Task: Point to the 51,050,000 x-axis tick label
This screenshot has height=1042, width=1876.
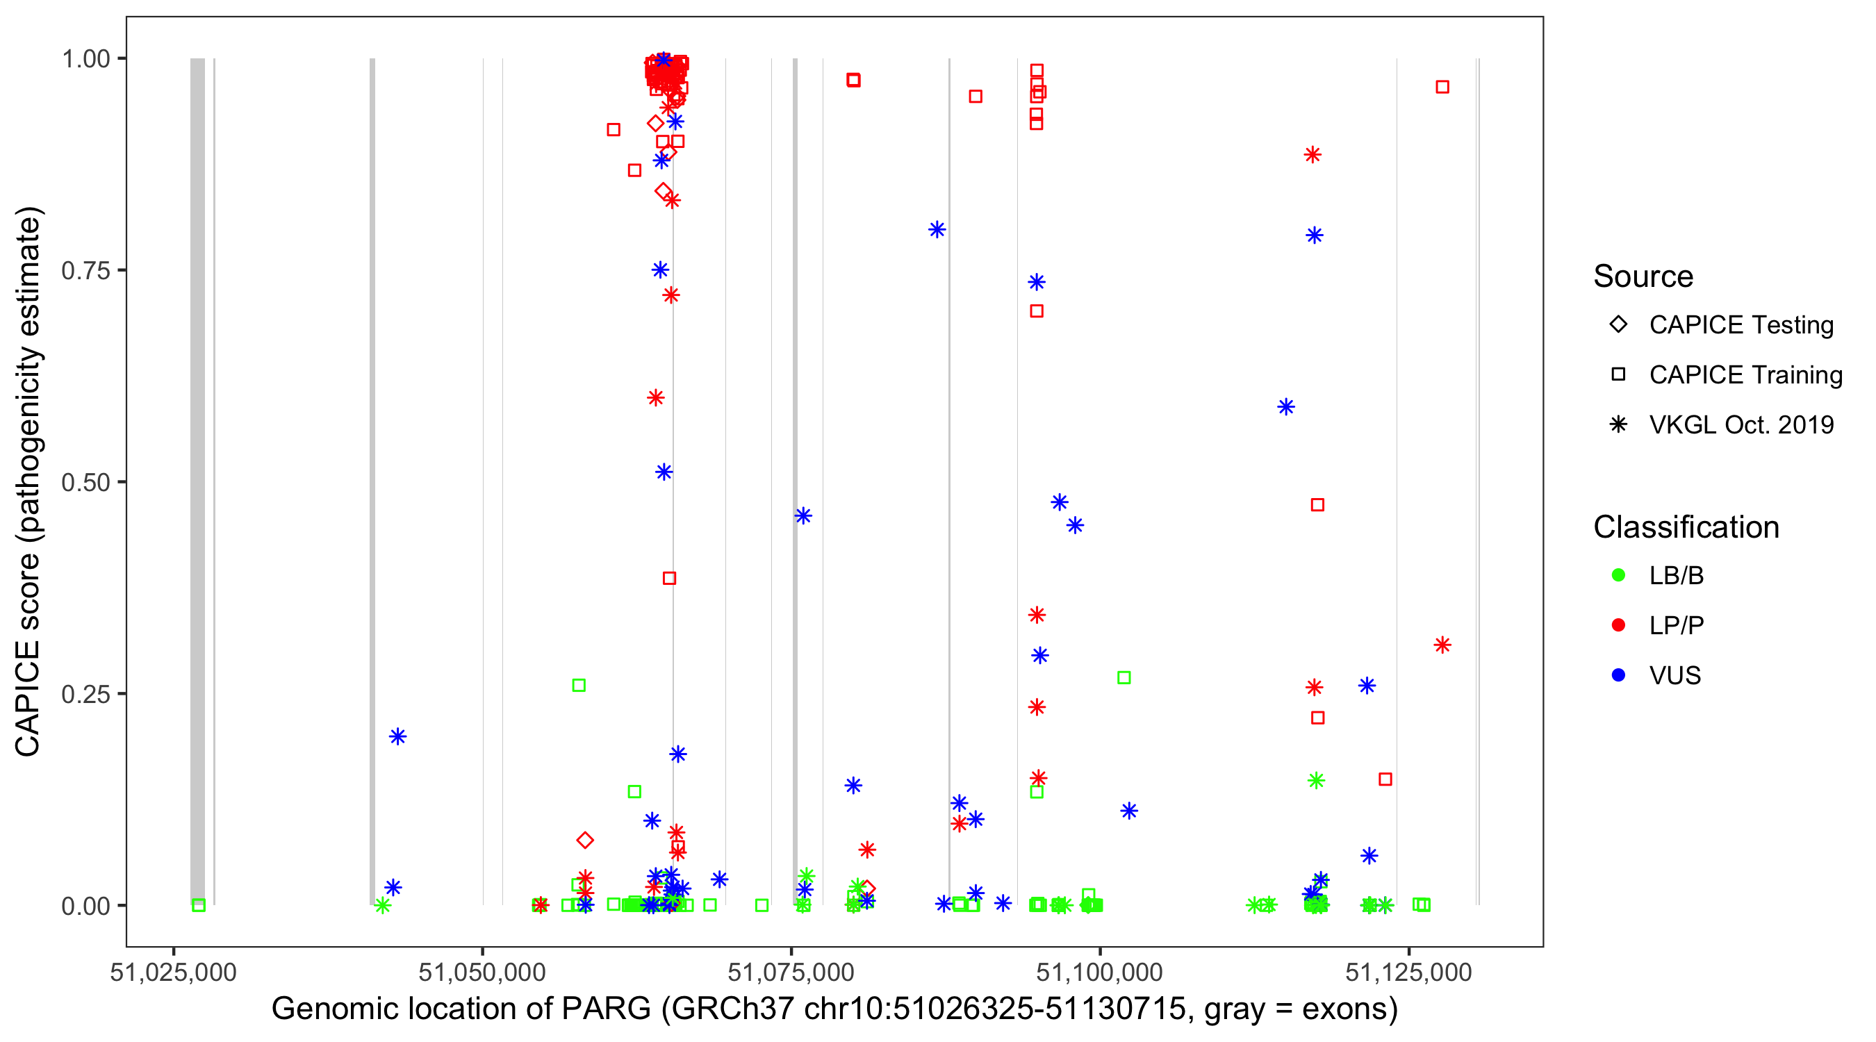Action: click(482, 972)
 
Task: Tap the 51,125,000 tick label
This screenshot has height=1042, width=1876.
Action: click(1408, 972)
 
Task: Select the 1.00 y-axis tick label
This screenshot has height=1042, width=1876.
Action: click(85, 58)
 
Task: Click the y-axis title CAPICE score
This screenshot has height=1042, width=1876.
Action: click(29, 481)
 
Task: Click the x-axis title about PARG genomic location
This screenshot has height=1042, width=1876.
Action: click(834, 1009)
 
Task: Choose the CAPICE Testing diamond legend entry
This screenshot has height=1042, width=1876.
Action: click(1618, 325)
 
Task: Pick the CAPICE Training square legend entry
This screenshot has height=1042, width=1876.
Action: click(1618, 375)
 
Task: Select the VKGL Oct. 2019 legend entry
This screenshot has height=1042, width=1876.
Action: click(1618, 424)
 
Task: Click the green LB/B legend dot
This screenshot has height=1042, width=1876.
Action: click(1618, 575)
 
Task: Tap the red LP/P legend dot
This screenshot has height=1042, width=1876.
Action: click(1618, 625)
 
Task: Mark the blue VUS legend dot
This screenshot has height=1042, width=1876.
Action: click(1618, 675)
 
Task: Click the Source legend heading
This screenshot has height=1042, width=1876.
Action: click(1643, 276)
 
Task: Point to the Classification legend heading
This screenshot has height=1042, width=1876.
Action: click(1685, 527)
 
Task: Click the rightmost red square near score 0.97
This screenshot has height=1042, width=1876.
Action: click(1442, 88)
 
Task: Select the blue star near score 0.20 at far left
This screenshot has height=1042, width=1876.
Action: click(397, 736)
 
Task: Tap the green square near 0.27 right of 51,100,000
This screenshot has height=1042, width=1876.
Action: click(1124, 678)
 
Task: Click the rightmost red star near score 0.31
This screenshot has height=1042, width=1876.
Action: click(1442, 645)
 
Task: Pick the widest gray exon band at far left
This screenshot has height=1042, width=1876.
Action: click(197, 481)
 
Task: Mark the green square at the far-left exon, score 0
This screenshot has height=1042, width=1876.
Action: click(198, 905)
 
